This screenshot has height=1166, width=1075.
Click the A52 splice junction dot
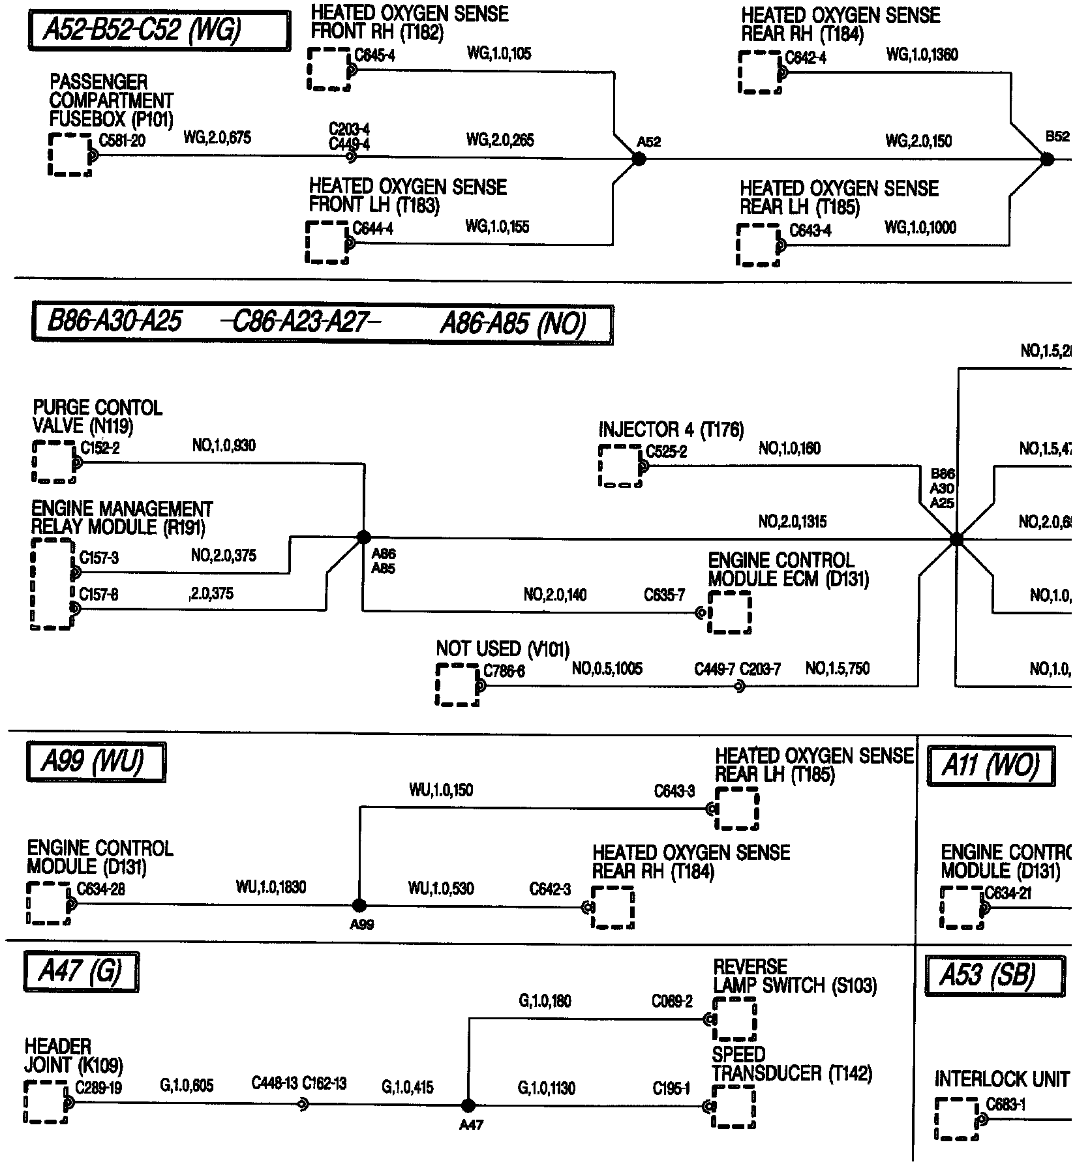[x=639, y=158]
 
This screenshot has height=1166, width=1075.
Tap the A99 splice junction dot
[x=359, y=904]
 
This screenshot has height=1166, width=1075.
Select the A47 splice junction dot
[x=468, y=1105]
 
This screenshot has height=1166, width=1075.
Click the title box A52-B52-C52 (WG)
[x=159, y=30]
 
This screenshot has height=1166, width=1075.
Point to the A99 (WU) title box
[x=95, y=762]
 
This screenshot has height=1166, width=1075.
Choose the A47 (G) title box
[x=81, y=972]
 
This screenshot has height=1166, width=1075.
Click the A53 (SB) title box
[x=989, y=976]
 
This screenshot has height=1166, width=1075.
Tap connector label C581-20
[x=122, y=141]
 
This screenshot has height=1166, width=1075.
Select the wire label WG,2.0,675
[x=217, y=138]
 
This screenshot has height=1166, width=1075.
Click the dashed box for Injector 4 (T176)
[x=620, y=466]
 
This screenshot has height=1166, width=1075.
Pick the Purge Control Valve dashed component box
[x=53, y=461]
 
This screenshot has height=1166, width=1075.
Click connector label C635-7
[x=664, y=595]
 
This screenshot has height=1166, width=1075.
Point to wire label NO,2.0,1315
[x=792, y=522]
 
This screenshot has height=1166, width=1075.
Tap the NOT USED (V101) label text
[x=502, y=650]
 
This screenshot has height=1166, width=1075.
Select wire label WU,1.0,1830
[x=271, y=887]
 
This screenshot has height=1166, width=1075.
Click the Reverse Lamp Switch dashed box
[x=734, y=1020]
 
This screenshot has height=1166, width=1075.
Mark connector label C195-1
[x=671, y=1088]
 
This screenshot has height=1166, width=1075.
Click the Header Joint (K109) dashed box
[x=46, y=1101]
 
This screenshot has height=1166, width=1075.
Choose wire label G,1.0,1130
[x=547, y=1088]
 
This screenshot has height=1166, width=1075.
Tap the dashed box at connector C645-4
[x=329, y=69]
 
